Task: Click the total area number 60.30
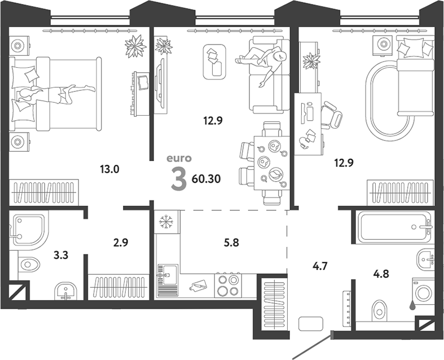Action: point(206,179)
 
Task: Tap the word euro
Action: point(179,159)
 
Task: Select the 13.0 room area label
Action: point(109,169)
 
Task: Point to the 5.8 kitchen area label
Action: point(231,243)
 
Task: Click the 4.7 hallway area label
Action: point(320,266)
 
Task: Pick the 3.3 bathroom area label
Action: point(61,255)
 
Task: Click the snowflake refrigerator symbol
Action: point(166,222)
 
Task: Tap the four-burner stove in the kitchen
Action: point(228,286)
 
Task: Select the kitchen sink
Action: point(167,275)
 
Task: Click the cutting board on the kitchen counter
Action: point(199,286)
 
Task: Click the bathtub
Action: point(394,227)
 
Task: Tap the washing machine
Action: point(423,292)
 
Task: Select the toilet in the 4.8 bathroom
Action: point(379,311)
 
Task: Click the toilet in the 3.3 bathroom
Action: point(28,265)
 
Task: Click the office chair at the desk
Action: point(332,115)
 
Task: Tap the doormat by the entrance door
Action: point(311,324)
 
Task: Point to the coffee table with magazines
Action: point(214,62)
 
